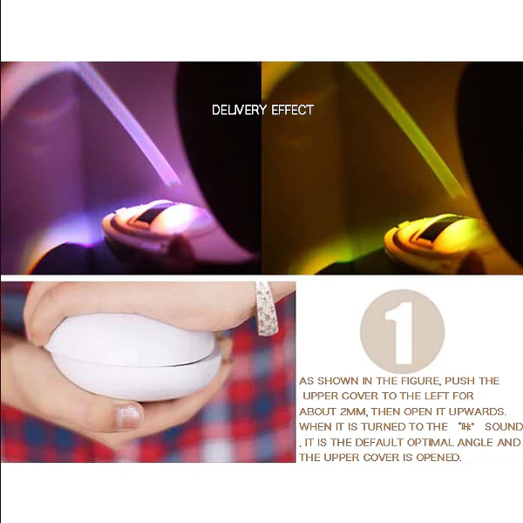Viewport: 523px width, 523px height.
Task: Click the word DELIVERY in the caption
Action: click(x=239, y=110)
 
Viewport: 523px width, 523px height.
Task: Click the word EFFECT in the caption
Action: click(x=293, y=110)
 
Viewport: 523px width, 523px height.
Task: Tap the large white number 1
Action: click(x=399, y=333)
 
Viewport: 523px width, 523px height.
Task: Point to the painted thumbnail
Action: click(x=128, y=416)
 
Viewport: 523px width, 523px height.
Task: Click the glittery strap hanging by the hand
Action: click(x=264, y=308)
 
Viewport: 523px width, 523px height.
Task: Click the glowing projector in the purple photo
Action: click(x=157, y=224)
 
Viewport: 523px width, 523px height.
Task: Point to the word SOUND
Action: click(x=504, y=427)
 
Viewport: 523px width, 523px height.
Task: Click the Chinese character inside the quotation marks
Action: click(x=466, y=426)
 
